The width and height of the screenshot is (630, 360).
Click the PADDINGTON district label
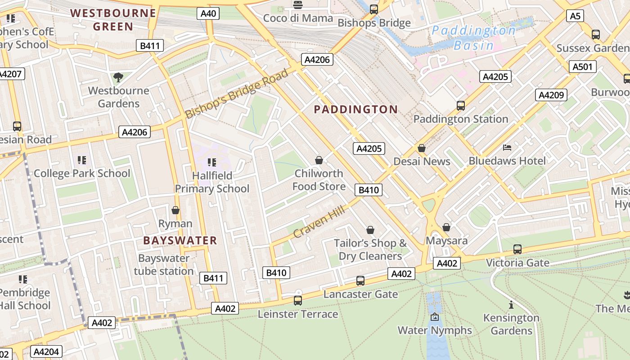[x=355, y=109]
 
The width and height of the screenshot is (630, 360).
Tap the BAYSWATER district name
[x=180, y=240]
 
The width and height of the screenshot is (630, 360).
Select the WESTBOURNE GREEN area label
[x=113, y=19]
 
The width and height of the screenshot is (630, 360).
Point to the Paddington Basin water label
[x=473, y=38]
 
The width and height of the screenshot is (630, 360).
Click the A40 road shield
[x=208, y=13]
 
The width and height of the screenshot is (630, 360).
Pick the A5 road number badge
[x=575, y=16]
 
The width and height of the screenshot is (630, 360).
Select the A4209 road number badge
[x=551, y=95]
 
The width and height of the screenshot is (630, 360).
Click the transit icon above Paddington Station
[x=461, y=106]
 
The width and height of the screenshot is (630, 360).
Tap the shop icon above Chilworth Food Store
[x=319, y=160]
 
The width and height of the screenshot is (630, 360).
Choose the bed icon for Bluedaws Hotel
[x=507, y=148]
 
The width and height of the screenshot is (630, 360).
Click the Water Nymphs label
[x=435, y=330]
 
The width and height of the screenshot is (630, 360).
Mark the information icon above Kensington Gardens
[x=511, y=305]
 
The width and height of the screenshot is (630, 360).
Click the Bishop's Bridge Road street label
[x=237, y=94]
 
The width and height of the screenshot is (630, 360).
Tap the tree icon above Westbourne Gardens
[x=118, y=77]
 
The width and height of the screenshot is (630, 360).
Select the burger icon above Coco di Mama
[x=297, y=5]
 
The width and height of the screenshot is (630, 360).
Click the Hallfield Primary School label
[x=212, y=182]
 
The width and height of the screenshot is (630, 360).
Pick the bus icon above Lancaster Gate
[x=360, y=281]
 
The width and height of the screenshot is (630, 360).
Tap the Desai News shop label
[x=422, y=161]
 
